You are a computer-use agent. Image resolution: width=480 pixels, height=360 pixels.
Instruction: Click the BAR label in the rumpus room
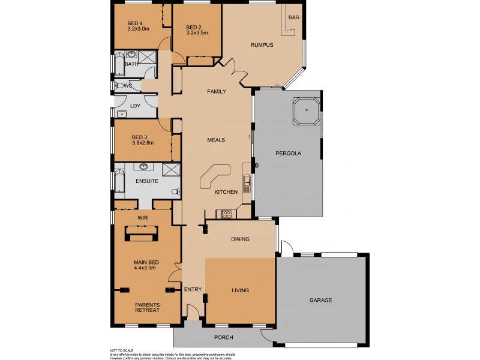pyautogui.click(x=293, y=18)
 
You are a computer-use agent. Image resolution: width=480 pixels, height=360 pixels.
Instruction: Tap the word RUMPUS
pyautogui.click(x=262, y=45)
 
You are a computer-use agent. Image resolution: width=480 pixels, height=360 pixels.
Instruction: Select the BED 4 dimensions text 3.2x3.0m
pyautogui.click(x=138, y=28)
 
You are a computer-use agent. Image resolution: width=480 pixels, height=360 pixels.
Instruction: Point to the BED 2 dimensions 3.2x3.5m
pyautogui.click(x=197, y=34)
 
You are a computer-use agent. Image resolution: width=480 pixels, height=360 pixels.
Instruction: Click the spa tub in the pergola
pyautogui.click(x=305, y=110)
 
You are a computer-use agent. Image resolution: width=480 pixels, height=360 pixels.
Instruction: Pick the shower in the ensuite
pyautogui.click(x=172, y=170)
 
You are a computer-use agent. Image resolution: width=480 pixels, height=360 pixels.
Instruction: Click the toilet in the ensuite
pyautogui.click(x=174, y=192)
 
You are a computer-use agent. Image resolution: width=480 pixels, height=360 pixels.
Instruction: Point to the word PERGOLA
pyautogui.click(x=289, y=154)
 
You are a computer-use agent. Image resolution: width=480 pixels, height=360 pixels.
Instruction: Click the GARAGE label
pyautogui.click(x=320, y=300)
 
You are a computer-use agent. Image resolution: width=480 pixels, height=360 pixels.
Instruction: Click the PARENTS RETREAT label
pyautogui.click(x=147, y=308)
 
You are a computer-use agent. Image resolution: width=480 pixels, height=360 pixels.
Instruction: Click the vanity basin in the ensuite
pyautogui.click(x=145, y=166)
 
